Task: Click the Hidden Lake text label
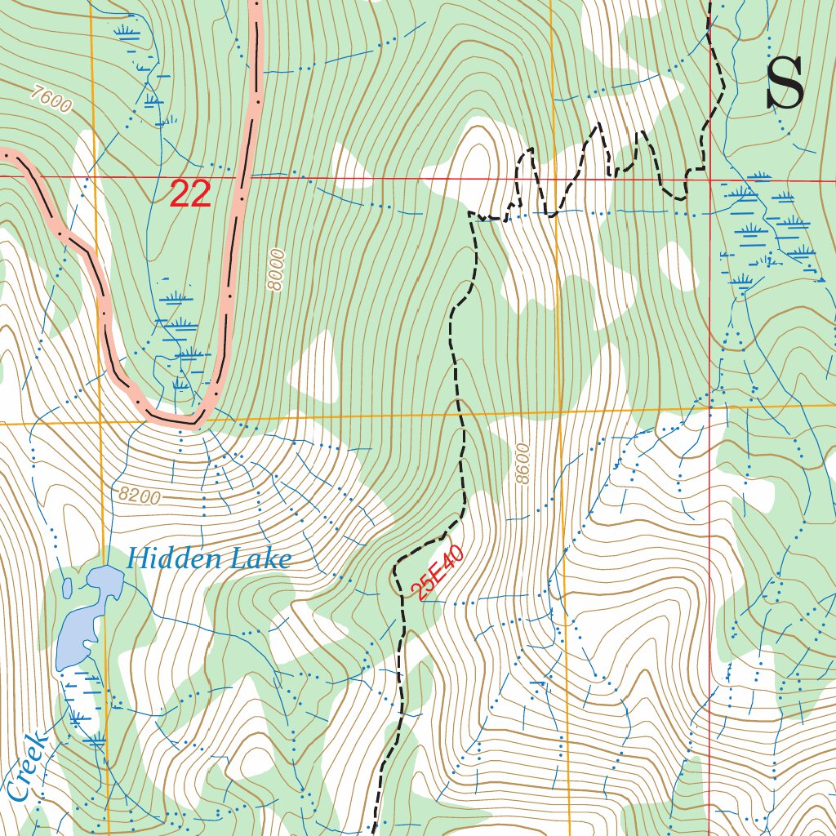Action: [209, 559]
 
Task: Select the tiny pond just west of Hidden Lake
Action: [67, 586]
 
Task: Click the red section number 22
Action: [190, 194]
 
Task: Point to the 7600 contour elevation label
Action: [50, 100]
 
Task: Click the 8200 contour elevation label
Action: [139, 495]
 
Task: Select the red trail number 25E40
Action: [440, 572]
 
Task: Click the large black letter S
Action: [785, 84]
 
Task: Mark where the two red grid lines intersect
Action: [709, 178]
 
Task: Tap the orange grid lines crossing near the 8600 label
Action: [560, 412]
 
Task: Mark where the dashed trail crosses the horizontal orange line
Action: [462, 416]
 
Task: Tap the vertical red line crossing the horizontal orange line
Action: [709, 407]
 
